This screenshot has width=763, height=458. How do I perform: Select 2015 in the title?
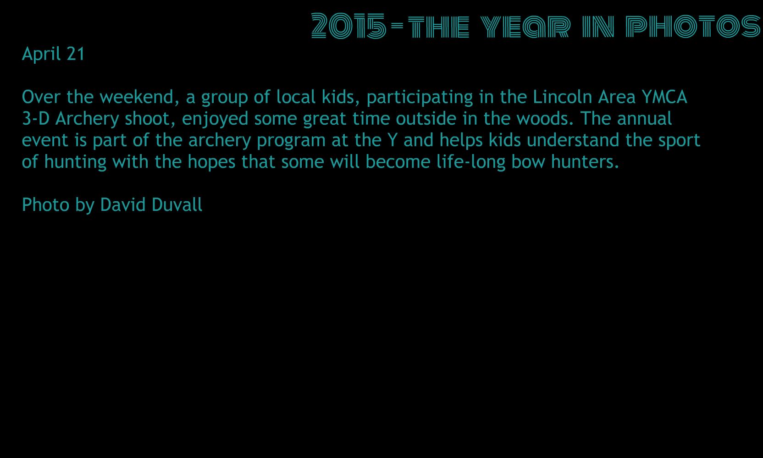tap(349, 26)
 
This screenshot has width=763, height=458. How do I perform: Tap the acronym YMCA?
tap(664, 97)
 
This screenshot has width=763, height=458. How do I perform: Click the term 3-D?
tap(36, 118)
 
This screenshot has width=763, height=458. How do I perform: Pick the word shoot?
tap(150, 118)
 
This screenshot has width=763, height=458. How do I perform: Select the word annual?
tap(644, 118)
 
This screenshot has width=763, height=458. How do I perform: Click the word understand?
tap(573, 140)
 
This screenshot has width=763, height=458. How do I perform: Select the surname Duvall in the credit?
tap(177, 205)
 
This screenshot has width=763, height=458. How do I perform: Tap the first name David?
tap(122, 205)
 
